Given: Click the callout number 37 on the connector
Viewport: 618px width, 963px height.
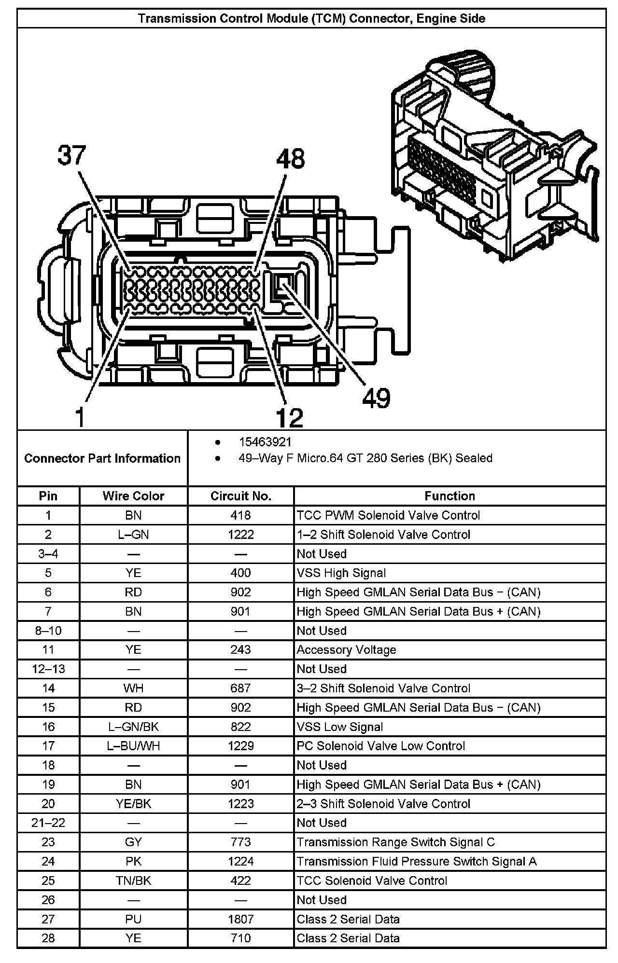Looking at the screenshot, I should (71, 155).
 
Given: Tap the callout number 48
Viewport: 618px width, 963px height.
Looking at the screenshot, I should (290, 159).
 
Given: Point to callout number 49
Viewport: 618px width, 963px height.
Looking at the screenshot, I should (376, 398).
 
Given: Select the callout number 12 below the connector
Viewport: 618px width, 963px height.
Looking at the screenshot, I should (289, 417).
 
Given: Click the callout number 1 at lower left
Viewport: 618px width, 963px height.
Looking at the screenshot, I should (80, 417).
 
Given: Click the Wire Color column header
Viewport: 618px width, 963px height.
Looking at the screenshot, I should (133, 496).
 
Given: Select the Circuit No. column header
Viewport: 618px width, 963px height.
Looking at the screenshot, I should (240, 496).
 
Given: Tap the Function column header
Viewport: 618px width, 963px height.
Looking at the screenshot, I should (449, 496).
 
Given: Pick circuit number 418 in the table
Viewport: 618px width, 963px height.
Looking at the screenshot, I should (240, 515).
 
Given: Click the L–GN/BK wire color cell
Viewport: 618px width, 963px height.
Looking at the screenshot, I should (133, 727).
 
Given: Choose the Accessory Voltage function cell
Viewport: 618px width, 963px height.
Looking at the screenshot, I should (346, 650).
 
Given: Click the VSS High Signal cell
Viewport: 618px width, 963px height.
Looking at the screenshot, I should (341, 573).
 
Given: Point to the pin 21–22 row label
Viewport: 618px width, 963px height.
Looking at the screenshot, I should (48, 823).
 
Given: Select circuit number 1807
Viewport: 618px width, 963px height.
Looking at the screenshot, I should (240, 919).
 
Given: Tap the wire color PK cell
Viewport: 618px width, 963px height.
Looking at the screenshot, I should (133, 861).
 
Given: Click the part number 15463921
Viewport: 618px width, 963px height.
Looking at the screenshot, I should (265, 442).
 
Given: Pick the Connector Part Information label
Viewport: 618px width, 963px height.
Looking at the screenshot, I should (102, 458).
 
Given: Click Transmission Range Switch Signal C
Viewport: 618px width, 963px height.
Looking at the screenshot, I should (395, 842).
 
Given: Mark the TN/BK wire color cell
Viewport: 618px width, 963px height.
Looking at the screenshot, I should (133, 880).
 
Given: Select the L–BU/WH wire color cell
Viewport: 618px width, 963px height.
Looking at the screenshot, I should (133, 746).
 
